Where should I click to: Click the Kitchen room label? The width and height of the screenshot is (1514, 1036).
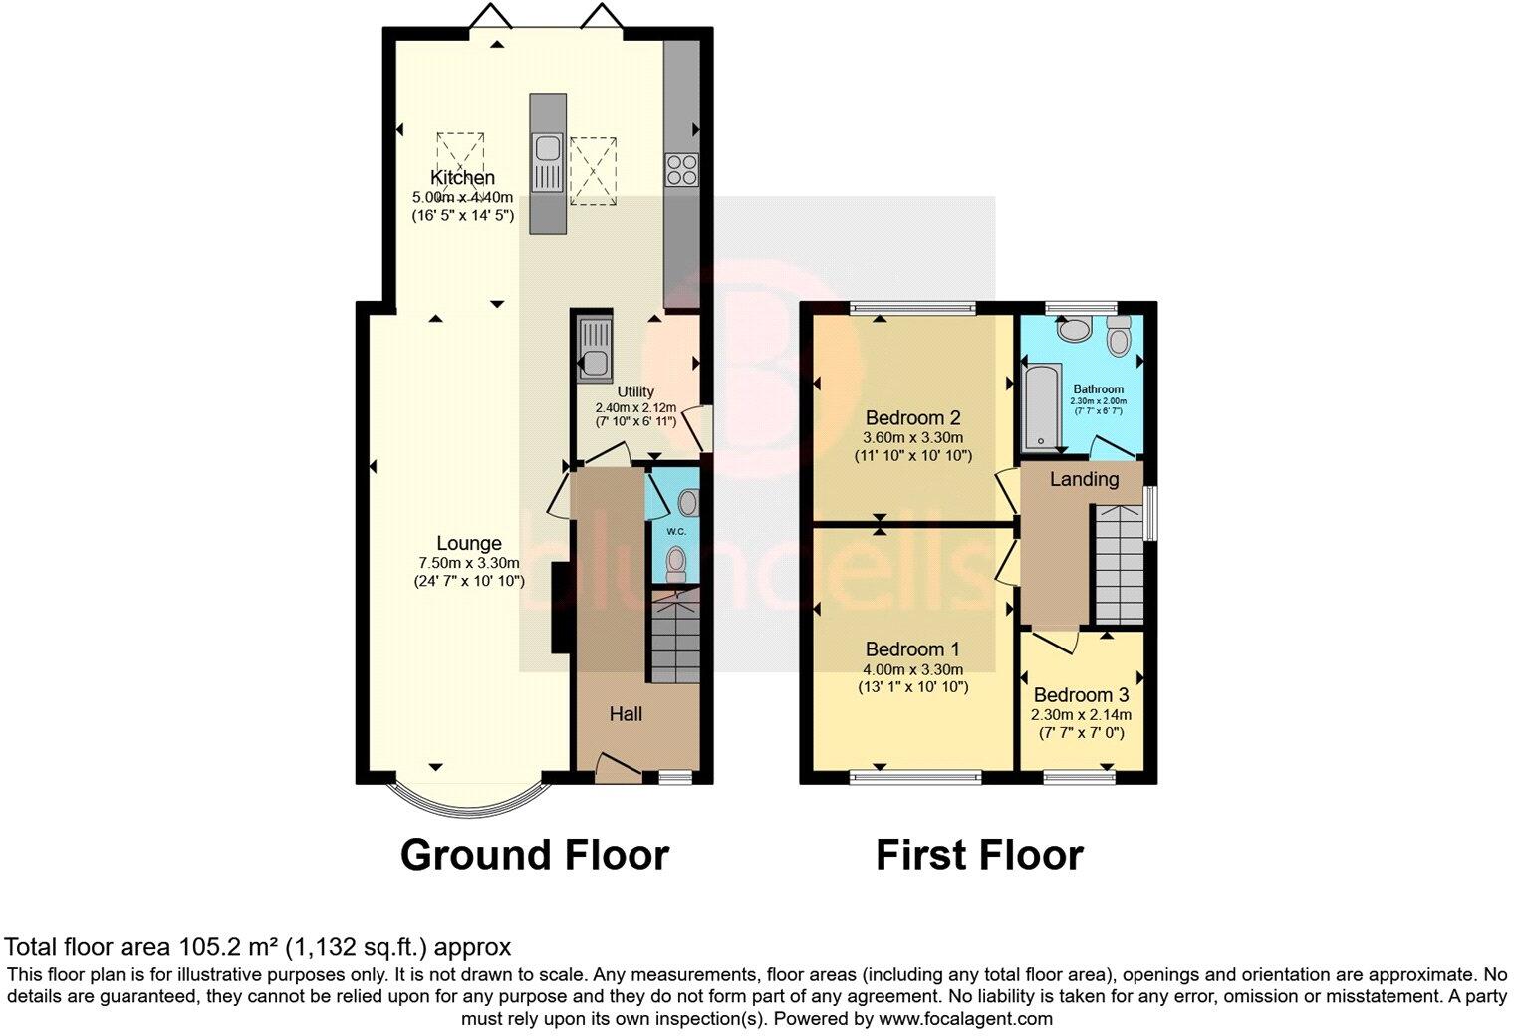coord(462,178)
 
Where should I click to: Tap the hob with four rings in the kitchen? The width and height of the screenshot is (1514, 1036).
coord(681,170)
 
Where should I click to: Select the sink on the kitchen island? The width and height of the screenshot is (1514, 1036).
coord(546,150)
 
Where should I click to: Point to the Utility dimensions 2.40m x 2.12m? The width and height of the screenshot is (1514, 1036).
coord(635,407)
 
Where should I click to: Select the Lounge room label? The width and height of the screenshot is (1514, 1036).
coord(469,544)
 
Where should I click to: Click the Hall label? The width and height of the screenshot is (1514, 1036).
coord(626,714)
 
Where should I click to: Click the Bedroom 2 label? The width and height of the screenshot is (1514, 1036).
coord(912,417)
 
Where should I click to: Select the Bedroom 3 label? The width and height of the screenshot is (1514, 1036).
coord(1081,695)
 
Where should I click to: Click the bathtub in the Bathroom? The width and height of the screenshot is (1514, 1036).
coord(1036,405)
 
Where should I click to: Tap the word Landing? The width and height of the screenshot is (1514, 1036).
coord(1084,479)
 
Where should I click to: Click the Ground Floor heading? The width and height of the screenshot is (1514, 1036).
coord(534,855)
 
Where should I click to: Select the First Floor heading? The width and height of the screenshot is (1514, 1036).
coord(979,855)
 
